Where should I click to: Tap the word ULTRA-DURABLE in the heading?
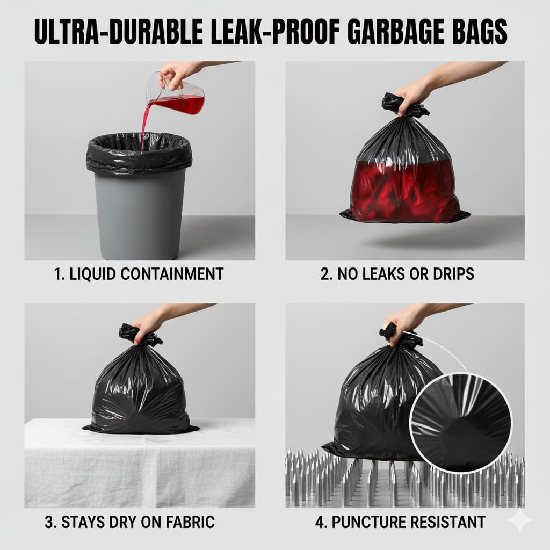click(119, 32)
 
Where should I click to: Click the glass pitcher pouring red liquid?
click(176, 93)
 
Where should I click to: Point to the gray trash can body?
click(140, 214)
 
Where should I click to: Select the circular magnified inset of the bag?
click(460, 423)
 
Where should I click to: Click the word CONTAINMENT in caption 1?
click(172, 274)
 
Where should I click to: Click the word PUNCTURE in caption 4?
click(368, 522)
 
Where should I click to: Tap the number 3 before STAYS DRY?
click(49, 522)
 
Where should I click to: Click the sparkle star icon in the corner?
click(521, 521)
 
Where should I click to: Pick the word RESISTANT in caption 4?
click(448, 522)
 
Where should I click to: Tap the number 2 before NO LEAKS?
click(325, 274)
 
